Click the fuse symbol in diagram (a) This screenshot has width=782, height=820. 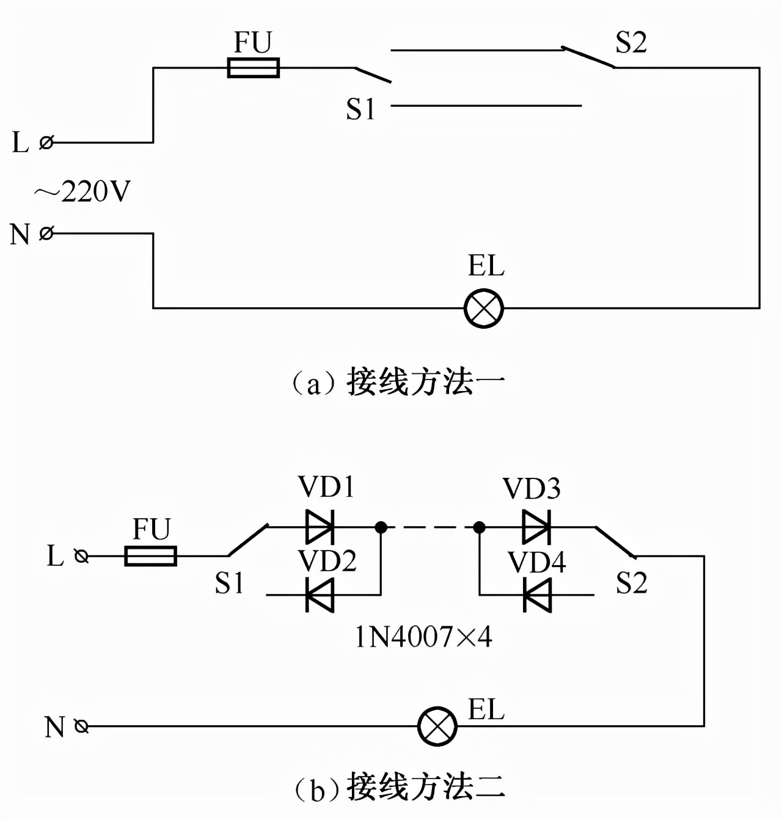point(253,68)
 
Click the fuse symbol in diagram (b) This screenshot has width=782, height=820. point(150,556)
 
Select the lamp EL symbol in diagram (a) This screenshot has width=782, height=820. point(483,309)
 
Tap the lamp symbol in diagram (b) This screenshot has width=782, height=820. point(437,727)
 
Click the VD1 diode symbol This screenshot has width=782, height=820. point(320,527)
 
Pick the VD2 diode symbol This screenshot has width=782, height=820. point(320,595)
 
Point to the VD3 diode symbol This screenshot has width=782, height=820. point(537,527)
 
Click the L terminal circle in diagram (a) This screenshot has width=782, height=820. point(46,142)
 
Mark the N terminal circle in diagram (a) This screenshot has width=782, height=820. point(46,233)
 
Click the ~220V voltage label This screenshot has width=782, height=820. point(82,192)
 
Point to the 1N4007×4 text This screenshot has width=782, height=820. point(423,637)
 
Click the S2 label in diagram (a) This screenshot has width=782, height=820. point(630,43)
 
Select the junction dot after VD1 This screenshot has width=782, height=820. point(381,527)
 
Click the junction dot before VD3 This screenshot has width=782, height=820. point(480,527)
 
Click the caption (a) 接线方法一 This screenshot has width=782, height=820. point(398,383)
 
